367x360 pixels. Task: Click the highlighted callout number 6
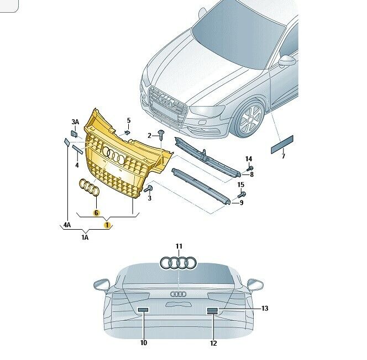tap(96, 213)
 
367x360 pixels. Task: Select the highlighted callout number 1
tap(107, 225)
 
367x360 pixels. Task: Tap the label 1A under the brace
tap(85, 237)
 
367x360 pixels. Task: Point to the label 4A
tap(67, 225)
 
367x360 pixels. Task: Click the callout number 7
tap(284, 156)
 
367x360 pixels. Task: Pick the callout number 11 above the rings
tap(179, 246)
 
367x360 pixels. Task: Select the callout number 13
tap(265, 308)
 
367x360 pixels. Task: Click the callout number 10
tap(144, 343)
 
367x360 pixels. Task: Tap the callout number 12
tap(213, 343)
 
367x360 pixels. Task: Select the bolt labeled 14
tap(250, 168)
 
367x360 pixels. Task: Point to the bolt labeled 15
tap(242, 194)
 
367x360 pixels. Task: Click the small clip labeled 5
tap(127, 133)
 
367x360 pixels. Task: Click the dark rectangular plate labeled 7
tap(282, 144)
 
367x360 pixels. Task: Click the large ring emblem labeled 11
tap(179, 262)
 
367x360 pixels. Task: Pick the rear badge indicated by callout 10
tap(143, 310)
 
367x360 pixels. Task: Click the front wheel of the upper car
tap(251, 119)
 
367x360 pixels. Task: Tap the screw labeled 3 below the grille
tap(149, 188)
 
